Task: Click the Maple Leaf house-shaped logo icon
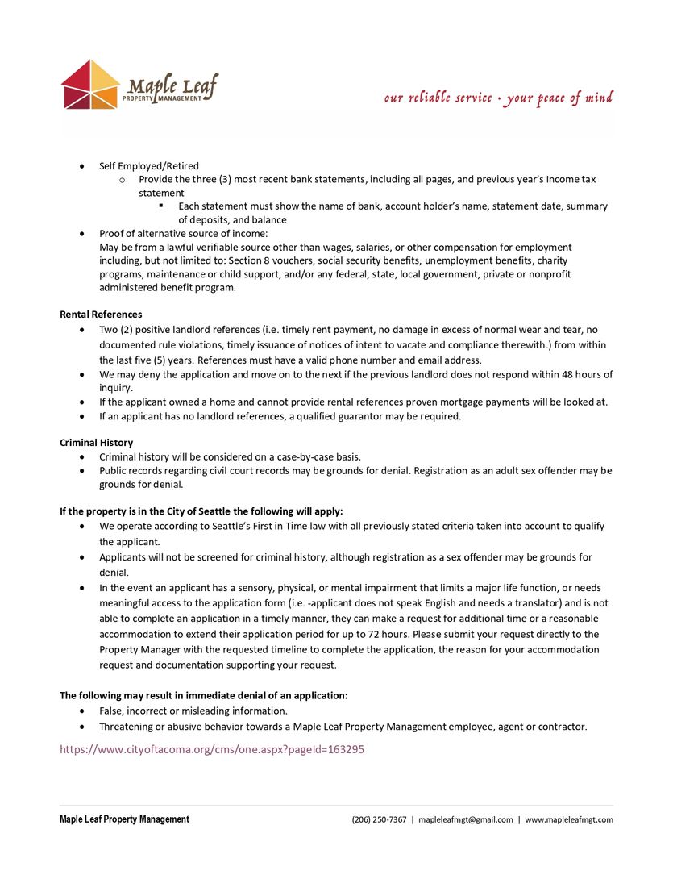91,85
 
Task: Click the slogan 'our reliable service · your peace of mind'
498,98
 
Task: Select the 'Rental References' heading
101,315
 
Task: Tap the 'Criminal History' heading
97,443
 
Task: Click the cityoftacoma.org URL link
212,749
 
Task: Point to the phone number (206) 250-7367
379,819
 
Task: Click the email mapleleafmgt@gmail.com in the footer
466,819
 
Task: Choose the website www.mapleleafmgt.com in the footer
569,819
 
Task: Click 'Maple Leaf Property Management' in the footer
124,819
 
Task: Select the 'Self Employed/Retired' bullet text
149,166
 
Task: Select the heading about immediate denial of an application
204,695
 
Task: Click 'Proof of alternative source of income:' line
184,233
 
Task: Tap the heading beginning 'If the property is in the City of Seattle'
201,511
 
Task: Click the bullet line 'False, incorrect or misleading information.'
193,711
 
